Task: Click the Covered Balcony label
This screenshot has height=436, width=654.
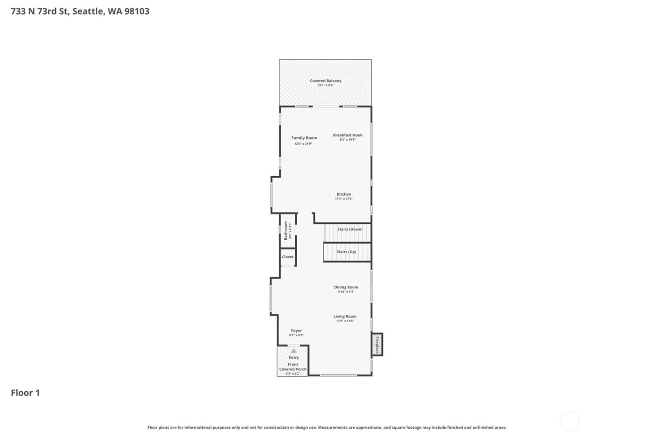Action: [x=326, y=81]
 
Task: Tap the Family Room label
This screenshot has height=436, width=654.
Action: [x=304, y=138]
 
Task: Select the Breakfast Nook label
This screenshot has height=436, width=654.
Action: [x=348, y=135]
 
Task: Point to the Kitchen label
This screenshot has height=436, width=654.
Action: [x=344, y=194]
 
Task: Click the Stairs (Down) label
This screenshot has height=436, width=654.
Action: [x=349, y=229]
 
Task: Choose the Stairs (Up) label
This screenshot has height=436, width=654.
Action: [x=346, y=252]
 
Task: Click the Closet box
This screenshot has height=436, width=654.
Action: [x=288, y=257]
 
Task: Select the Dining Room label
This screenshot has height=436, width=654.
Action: [x=346, y=287]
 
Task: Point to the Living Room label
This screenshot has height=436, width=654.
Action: [x=345, y=316]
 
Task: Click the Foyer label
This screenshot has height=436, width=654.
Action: [x=296, y=331]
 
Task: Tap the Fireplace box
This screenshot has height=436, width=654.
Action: [x=377, y=344]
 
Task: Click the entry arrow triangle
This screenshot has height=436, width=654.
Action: [x=293, y=350]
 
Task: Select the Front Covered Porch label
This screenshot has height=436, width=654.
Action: [x=293, y=367]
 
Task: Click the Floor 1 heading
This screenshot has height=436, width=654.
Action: [x=25, y=393]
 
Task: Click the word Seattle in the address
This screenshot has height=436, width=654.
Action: [x=88, y=11]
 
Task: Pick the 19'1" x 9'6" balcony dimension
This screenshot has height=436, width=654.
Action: [x=326, y=86]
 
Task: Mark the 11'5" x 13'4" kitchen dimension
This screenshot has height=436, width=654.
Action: [x=344, y=199]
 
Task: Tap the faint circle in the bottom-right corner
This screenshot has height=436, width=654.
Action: [x=569, y=421]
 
